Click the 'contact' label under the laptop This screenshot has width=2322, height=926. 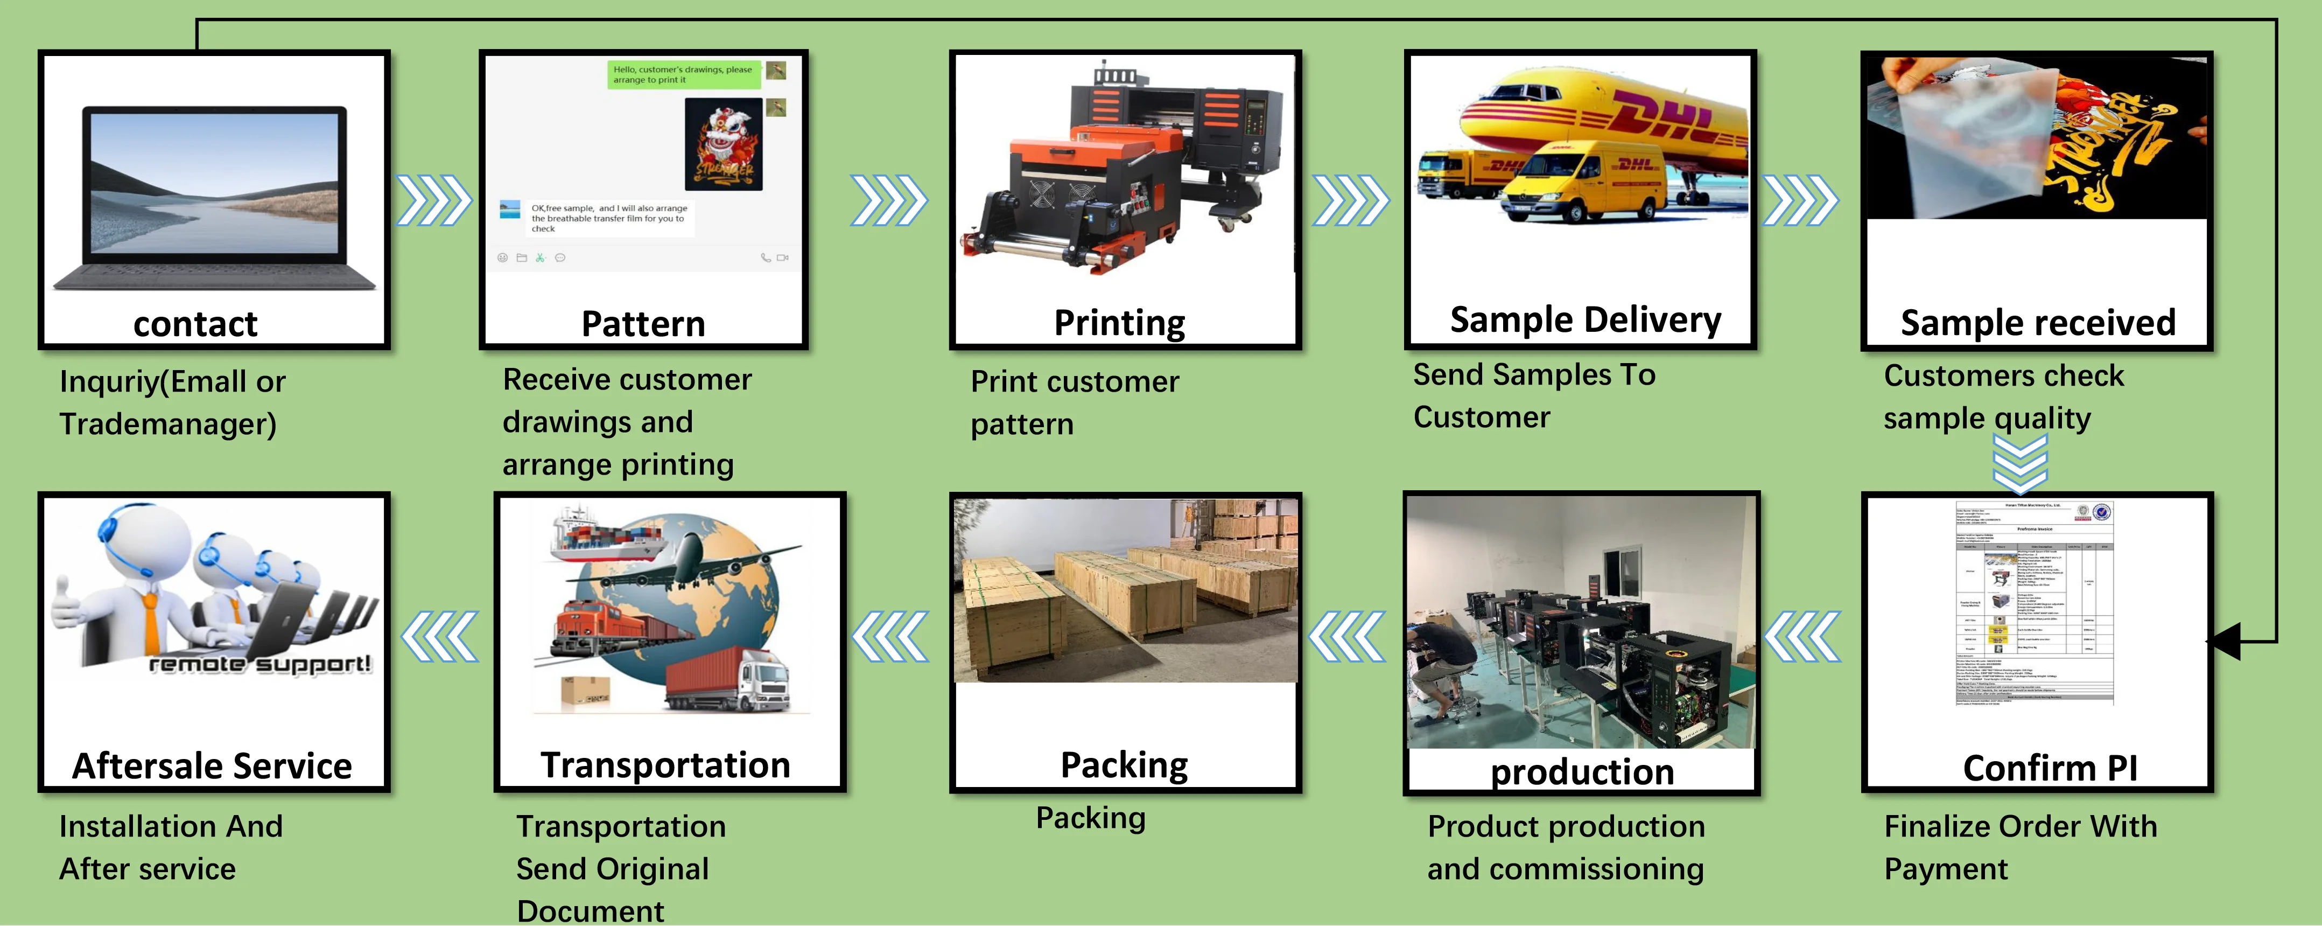tap(195, 324)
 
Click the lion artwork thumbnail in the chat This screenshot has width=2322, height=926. tap(723, 144)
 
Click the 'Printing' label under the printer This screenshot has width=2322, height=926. tap(1119, 323)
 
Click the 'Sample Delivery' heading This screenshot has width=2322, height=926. tap(1584, 320)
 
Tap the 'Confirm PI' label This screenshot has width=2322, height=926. tap(2050, 768)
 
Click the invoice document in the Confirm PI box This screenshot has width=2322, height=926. tap(2033, 604)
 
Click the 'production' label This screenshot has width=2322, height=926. tap(1582, 772)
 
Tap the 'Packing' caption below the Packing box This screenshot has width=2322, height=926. tap(1091, 818)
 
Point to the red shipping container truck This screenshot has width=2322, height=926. tap(726, 681)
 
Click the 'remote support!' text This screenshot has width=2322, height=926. tap(259, 665)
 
